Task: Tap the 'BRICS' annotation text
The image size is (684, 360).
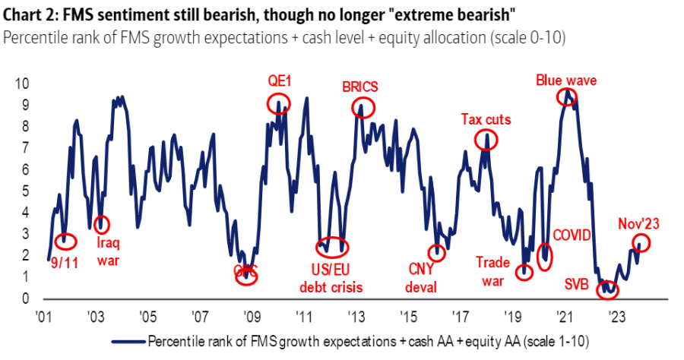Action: pos(360,86)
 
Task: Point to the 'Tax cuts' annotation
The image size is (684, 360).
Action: pos(486,119)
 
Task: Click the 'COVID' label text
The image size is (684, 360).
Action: pos(571,235)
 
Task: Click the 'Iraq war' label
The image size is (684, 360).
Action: pos(107,251)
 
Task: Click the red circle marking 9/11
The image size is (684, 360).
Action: pos(66,242)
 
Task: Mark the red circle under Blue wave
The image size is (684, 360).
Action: pos(566,96)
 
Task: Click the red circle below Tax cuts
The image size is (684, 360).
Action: pos(486,140)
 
